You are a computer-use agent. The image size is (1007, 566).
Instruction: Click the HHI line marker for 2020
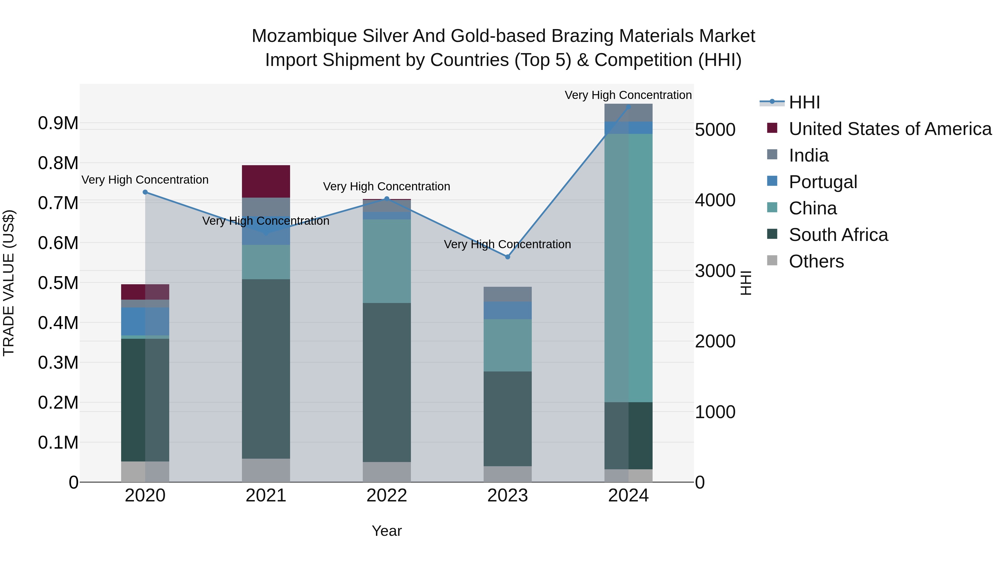pyautogui.click(x=145, y=192)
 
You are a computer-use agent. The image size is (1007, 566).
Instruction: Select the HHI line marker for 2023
pyautogui.click(x=507, y=257)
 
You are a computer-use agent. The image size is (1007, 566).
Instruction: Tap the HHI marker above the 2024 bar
pyautogui.click(x=628, y=107)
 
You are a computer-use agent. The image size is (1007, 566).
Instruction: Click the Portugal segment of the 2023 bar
pyautogui.click(x=507, y=311)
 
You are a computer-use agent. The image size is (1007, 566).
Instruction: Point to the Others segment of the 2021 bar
pyautogui.click(x=266, y=470)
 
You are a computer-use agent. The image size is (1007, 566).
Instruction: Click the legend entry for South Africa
pyautogui.click(x=838, y=235)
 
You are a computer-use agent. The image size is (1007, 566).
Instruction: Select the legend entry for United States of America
pyautogui.click(x=890, y=129)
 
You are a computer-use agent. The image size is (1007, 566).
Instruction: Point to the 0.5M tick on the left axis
pyautogui.click(x=58, y=283)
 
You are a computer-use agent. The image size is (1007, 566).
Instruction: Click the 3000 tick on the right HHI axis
pyautogui.click(x=715, y=271)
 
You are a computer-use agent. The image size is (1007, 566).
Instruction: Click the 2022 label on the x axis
pyautogui.click(x=387, y=496)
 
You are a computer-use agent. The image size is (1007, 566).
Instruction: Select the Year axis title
pyautogui.click(x=387, y=531)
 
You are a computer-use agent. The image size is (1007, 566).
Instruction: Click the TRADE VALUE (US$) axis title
pyautogui.click(x=9, y=283)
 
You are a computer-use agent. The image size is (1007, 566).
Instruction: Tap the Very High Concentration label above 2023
pyautogui.click(x=507, y=245)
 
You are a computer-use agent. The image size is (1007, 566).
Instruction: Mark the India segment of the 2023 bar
pyautogui.click(x=507, y=294)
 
